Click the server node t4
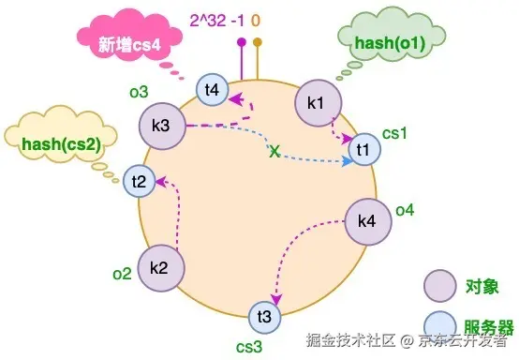coord(212,90)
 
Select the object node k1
coord(319,103)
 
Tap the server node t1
coord(364,149)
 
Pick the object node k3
coord(162,126)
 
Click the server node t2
coord(140,182)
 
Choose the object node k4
coord(368,221)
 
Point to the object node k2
coord(161,268)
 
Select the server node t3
coord(265,317)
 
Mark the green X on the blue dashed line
coord(274,151)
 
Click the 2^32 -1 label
coord(216,21)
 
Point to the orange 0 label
coord(256,21)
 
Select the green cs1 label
coord(394,134)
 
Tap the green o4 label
coord(405,210)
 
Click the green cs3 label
coord(249,347)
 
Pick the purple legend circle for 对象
coord(440,286)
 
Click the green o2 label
coord(122,274)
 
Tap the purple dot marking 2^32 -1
coord(242,42)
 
